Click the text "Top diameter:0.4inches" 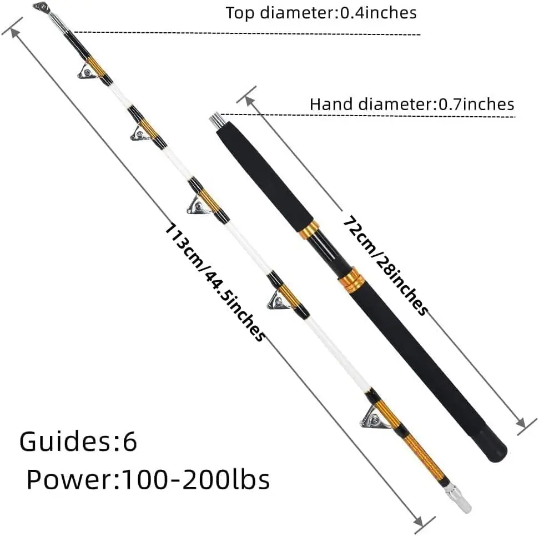321,13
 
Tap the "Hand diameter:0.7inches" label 412,104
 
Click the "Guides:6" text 78,442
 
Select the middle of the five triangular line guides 198,206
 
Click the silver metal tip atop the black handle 215,121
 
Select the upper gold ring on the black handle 309,230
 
